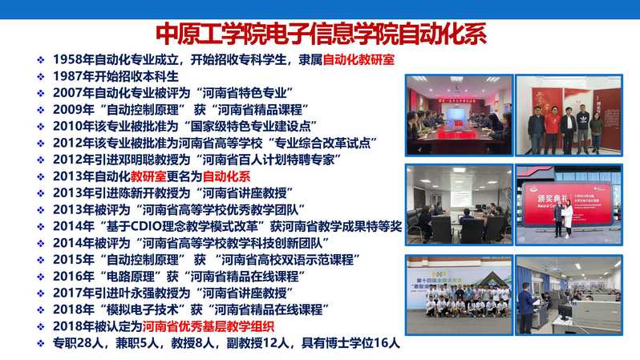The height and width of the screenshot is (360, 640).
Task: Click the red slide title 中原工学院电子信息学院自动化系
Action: click(x=321, y=34)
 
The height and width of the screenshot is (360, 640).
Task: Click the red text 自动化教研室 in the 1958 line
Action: click(x=358, y=59)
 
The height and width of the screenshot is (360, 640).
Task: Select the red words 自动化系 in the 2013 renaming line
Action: click(x=226, y=176)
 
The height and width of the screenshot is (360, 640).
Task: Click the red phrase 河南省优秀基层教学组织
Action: click(x=209, y=326)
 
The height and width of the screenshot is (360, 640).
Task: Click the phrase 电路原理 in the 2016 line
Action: click(x=131, y=277)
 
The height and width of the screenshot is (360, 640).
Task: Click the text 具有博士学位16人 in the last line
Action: click(x=350, y=343)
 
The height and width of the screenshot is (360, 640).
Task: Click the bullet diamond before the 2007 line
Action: click(x=40, y=94)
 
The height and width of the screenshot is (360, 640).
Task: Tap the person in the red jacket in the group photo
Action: click(x=553, y=127)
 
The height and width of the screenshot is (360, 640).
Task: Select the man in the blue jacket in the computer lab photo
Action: click(x=527, y=307)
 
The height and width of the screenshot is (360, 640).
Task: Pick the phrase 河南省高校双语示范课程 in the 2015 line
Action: click(x=287, y=260)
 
